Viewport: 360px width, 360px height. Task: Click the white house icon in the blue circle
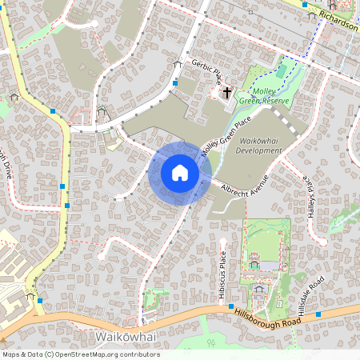click(179, 172)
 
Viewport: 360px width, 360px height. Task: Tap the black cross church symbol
click(227, 93)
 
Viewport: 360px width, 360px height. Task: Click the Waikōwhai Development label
click(261, 145)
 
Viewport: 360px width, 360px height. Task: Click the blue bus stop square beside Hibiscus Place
click(230, 306)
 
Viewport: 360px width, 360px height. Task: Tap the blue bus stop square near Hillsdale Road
click(318, 314)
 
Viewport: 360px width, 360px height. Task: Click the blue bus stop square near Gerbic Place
click(174, 82)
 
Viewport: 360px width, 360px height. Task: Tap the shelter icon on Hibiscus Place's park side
click(254, 262)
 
